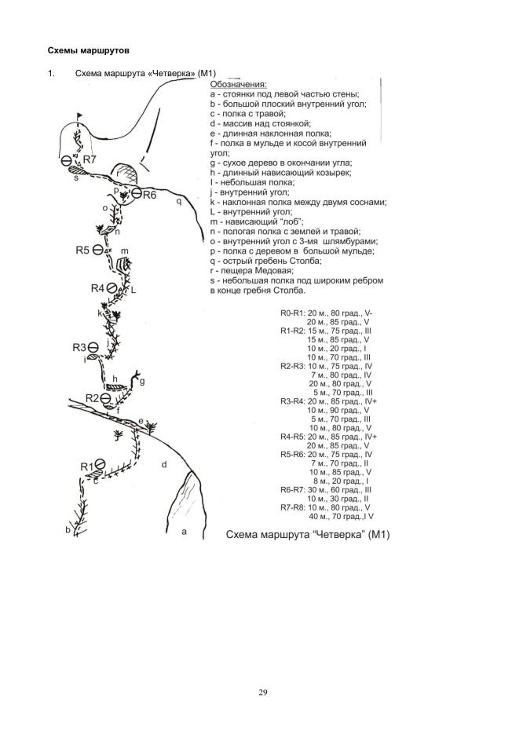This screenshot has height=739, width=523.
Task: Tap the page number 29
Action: pos(261,691)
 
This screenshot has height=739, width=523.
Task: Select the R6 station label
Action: pos(149,195)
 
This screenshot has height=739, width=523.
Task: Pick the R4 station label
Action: pos(97,288)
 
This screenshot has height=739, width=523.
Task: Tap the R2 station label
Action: pos(92,398)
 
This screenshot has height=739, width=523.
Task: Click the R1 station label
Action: pos(87,466)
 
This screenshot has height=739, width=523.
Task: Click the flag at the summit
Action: pos(79,118)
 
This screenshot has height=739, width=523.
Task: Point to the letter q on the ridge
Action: pos(178,201)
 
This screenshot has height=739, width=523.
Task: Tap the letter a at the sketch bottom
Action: pos(184,531)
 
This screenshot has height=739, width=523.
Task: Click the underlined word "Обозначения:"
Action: pos(238,84)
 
